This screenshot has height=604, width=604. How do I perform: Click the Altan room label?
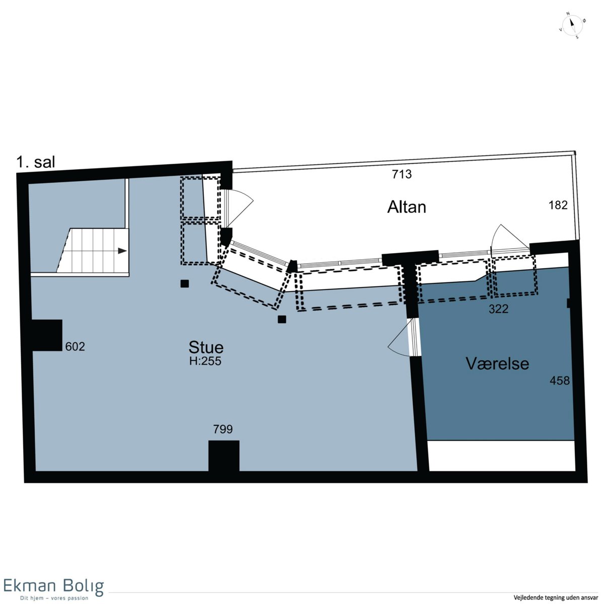coord(407,207)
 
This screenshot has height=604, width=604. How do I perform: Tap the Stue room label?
coord(206,347)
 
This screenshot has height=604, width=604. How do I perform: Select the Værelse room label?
coord(497,363)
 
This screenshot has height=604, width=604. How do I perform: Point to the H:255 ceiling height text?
coord(205,361)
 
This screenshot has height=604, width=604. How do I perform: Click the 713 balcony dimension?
coord(402,174)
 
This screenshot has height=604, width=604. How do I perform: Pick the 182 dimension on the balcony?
coord(558,205)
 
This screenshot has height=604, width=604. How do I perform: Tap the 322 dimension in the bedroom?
coord(499,310)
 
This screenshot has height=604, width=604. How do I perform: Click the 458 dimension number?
coord(560,381)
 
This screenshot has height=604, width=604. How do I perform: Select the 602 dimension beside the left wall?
coord(75,347)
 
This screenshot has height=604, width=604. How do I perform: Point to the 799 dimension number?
coord(223,429)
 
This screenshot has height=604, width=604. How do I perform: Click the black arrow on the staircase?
coord(122,251)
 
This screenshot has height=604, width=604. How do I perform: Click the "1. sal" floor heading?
coord(36,163)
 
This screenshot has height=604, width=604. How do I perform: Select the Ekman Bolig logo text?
coord(53,586)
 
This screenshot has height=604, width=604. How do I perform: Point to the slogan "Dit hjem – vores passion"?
coord(54,598)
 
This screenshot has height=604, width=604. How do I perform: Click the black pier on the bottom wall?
coord(224,457)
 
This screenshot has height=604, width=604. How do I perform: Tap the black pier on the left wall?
coord(46,335)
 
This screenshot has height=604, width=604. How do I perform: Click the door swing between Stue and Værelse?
coord(398,339)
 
